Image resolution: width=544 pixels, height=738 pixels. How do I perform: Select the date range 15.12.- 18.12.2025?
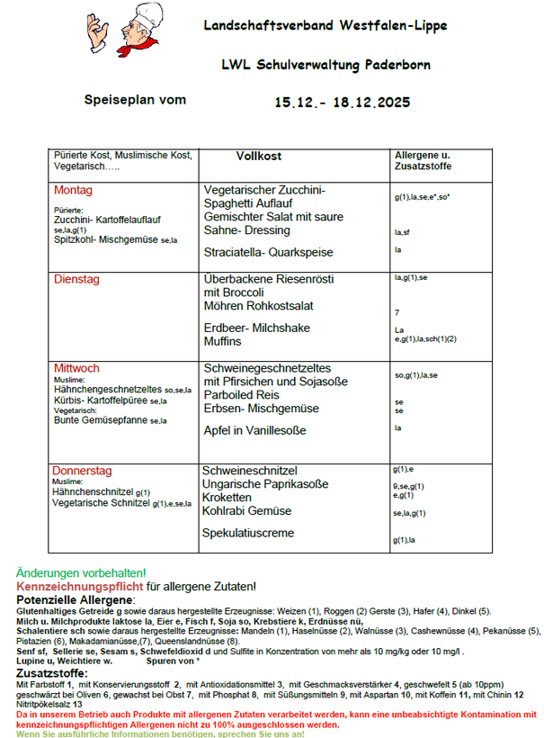pyautogui.click(x=343, y=103)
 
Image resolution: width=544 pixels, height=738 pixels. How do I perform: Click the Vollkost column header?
pyautogui.click(x=259, y=157)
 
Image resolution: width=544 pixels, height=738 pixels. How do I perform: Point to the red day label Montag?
pyautogui.click(x=73, y=191)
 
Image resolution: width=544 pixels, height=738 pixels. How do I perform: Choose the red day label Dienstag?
pyautogui.click(x=80, y=280)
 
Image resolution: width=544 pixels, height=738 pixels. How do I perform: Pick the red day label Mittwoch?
pyautogui.click(x=76, y=368)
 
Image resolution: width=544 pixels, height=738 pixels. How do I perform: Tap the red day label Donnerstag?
pyautogui.click(x=82, y=471)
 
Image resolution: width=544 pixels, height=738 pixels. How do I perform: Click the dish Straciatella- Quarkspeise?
pyautogui.click(x=268, y=252)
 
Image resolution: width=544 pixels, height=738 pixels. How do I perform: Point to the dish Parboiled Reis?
pyautogui.click(x=243, y=395)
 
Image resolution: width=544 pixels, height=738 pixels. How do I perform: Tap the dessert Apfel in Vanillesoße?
pyautogui.click(x=255, y=431)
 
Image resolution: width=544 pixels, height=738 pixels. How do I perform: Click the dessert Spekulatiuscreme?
pyautogui.click(x=247, y=533)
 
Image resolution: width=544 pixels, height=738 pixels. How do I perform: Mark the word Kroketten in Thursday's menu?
pyautogui.click(x=227, y=498)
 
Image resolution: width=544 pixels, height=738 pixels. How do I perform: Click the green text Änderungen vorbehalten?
pyautogui.click(x=81, y=573)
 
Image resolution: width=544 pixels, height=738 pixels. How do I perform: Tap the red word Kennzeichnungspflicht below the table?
pyautogui.click(x=80, y=587)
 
